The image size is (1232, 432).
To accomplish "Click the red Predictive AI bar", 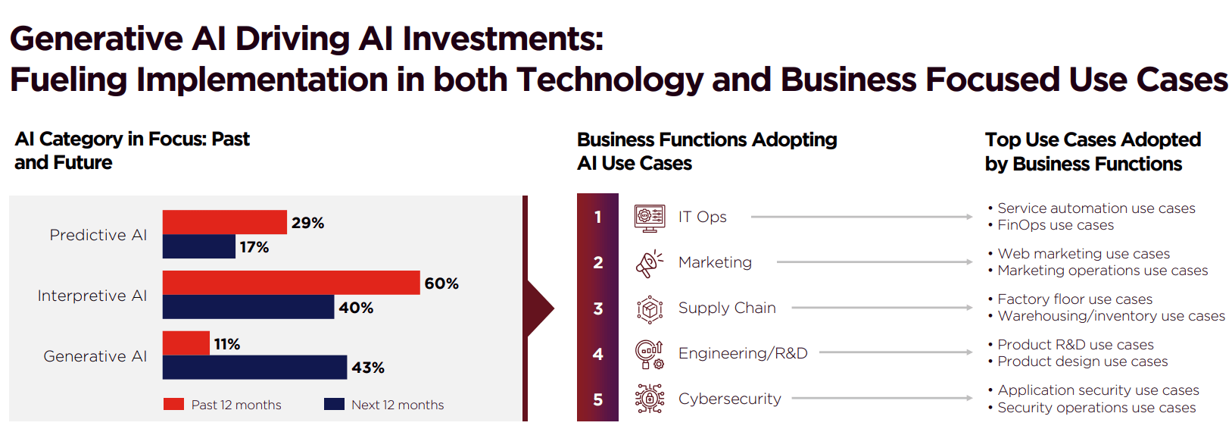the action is [x=224, y=222].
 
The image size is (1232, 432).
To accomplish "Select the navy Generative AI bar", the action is [x=254, y=367].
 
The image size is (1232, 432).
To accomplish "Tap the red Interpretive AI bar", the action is [x=291, y=282].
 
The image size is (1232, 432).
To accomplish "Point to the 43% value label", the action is [x=368, y=368].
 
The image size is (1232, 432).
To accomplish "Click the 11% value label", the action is [x=227, y=345].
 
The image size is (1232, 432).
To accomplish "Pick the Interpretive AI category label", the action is [x=92, y=296].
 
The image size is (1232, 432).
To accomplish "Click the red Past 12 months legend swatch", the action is [x=173, y=404].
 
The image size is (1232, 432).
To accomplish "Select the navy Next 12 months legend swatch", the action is [x=334, y=404].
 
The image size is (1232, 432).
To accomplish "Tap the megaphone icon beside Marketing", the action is [x=649, y=263].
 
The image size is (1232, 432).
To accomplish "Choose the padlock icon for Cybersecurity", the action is [x=650, y=399].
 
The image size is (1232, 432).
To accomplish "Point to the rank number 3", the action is [x=598, y=308].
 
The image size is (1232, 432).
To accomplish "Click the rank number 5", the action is [x=598, y=399].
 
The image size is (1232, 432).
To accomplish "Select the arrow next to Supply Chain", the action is [x=882, y=308].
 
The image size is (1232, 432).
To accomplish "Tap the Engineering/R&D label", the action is [x=743, y=353].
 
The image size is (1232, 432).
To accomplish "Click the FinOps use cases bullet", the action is [x=1050, y=225].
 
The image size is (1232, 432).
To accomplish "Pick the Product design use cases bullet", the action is [x=1078, y=362].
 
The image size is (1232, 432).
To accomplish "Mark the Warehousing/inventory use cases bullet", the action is [x=1106, y=316].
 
